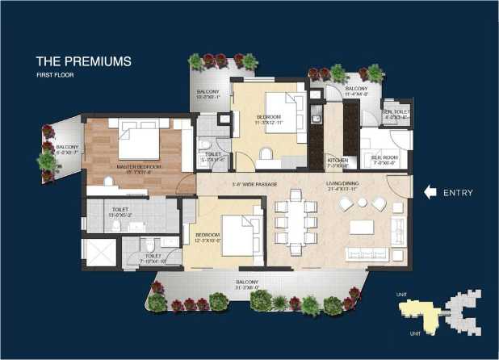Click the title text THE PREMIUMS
(x=84, y=61)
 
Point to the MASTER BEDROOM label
(x=139, y=168)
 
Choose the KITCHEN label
(x=338, y=162)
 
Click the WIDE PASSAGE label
(x=249, y=184)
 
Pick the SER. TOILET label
(x=397, y=113)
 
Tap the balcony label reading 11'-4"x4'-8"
(x=356, y=90)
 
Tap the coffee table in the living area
(x=362, y=227)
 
